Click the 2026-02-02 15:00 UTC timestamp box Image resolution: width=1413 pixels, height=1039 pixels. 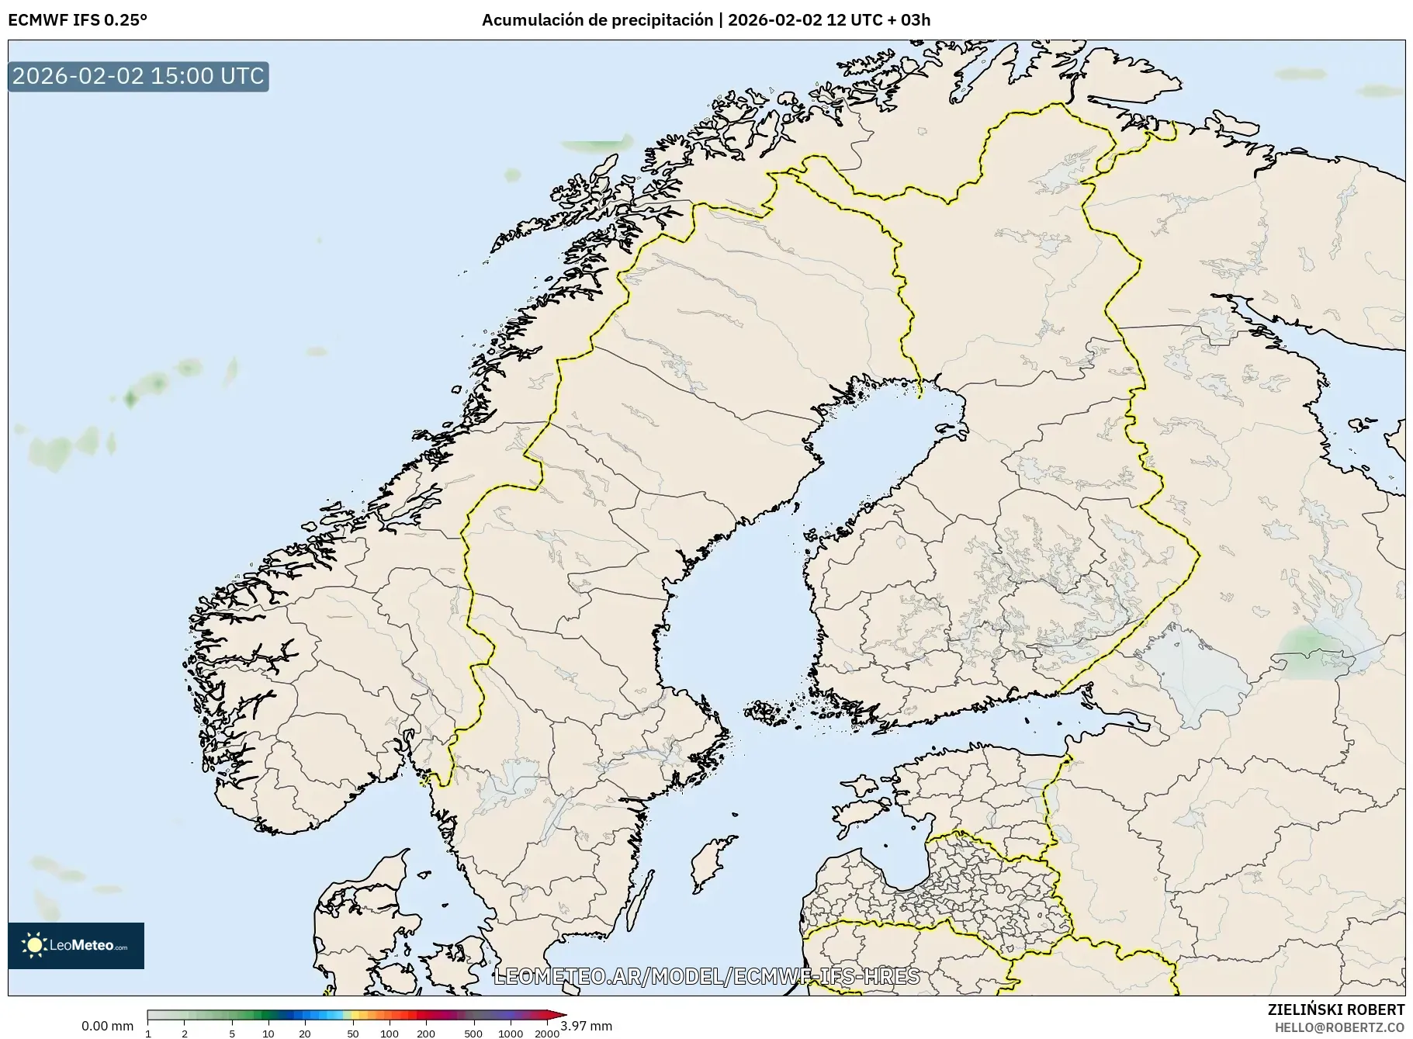coord(138,76)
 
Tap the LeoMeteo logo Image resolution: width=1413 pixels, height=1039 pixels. coord(76,945)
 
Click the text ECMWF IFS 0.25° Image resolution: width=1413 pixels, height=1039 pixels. coord(77,19)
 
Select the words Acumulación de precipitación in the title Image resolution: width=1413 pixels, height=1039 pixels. coord(597,19)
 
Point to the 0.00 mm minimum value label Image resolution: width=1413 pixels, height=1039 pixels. coord(107,1026)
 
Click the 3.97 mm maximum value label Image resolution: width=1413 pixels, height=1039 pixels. coord(587,1026)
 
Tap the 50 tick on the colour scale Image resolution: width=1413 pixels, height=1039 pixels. coord(353,1033)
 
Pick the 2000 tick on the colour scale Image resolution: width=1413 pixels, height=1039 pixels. coord(547,1033)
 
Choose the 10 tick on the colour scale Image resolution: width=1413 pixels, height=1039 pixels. coord(268,1033)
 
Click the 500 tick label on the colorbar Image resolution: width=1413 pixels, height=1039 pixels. coord(473,1033)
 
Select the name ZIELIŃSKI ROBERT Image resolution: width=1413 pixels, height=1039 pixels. coord(1335,1010)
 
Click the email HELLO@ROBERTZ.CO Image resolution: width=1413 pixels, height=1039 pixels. coord(1339,1027)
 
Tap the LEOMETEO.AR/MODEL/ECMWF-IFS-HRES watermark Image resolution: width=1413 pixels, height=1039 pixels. coord(706,976)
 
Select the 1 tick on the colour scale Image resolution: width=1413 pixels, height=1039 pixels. coord(148,1033)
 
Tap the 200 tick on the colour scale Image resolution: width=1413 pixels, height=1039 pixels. coord(425,1033)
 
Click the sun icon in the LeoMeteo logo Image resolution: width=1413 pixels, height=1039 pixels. coord(34,945)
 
